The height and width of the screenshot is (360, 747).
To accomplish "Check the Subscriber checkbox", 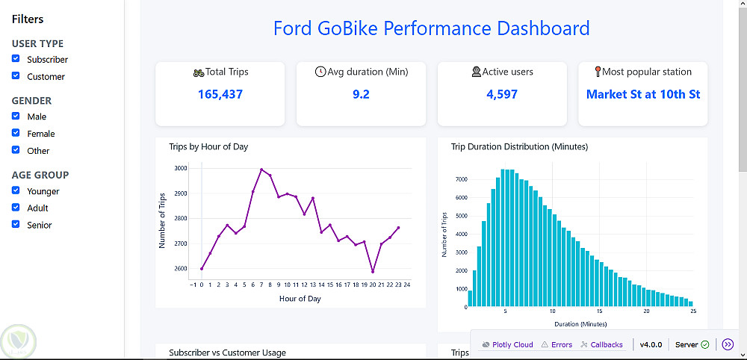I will coord(16,59).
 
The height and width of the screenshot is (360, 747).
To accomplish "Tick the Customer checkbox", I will coord(16,76).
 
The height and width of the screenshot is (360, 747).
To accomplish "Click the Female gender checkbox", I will coord(16,134).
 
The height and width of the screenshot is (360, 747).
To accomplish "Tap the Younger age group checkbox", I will coord(16,191).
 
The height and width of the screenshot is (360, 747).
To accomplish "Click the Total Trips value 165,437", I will coord(220,94).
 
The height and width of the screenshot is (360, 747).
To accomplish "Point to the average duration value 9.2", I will coord(361,94).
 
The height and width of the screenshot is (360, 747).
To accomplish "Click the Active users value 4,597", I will coord(502,94).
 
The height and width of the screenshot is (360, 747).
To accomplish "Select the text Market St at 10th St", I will coord(643,94).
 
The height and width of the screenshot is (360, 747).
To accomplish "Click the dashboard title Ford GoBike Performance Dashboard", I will coord(431,29).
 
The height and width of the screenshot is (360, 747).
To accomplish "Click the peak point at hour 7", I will coord(261,170).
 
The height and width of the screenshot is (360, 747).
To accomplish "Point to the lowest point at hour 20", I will coord(373,272).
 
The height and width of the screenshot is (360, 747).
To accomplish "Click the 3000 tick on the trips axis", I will coord(181,169).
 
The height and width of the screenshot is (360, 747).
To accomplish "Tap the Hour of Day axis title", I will coord(300,299).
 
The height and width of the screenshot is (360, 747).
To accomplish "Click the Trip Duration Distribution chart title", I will coord(519,147).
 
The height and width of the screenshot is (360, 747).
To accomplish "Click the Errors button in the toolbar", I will coord(557,345).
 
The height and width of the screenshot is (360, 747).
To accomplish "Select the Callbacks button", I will coord(601,345).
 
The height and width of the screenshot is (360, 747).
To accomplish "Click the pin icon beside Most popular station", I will coord(598,72).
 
